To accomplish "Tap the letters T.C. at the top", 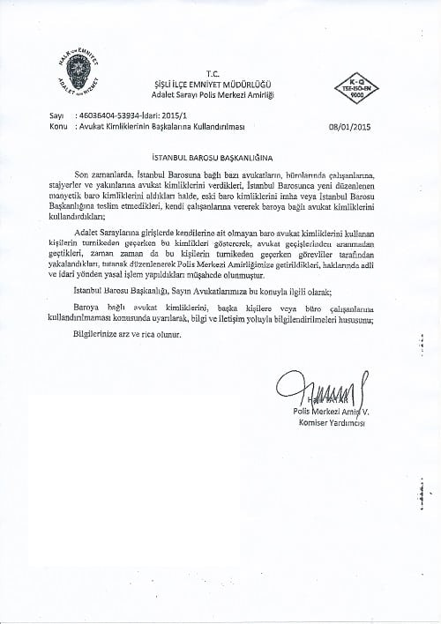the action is tap(210, 73).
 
